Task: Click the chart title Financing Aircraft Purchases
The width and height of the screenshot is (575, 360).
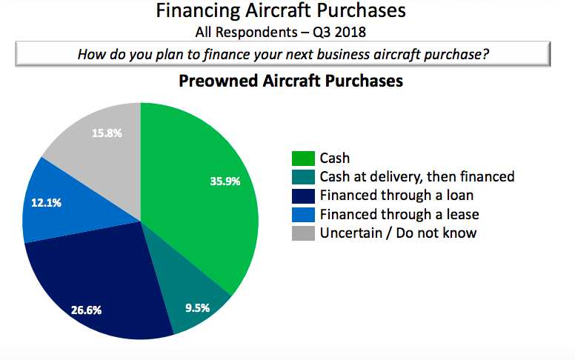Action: (282, 11)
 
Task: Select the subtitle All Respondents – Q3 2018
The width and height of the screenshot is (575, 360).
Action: (282, 32)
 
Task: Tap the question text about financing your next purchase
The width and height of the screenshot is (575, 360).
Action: (282, 55)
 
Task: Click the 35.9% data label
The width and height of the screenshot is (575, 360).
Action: (225, 180)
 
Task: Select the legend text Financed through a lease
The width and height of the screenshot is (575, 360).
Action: (399, 214)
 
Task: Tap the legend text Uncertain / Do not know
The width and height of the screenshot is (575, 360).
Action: (398, 233)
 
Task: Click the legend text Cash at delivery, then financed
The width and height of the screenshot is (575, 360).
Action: (416, 176)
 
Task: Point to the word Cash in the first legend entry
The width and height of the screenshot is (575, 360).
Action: (335, 158)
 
